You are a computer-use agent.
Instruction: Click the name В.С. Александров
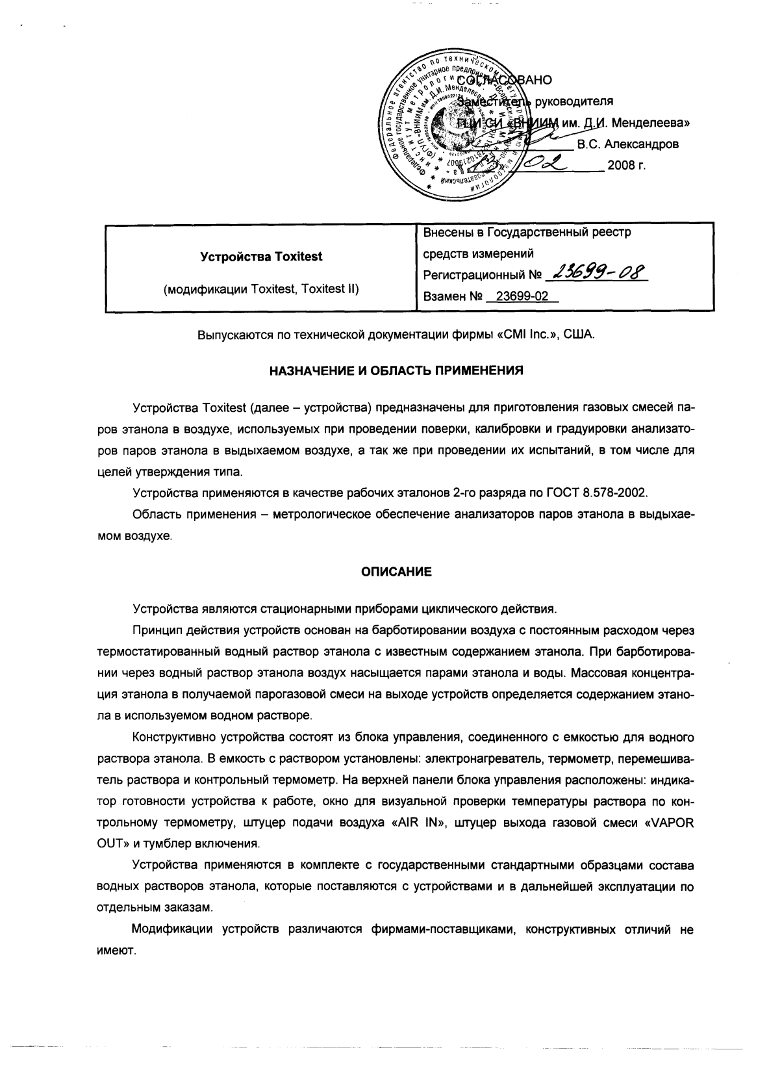[628, 144]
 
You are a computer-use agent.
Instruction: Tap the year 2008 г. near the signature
[626, 165]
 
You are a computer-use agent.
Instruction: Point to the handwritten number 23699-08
[598, 273]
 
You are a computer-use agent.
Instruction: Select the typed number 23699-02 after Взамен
[522, 296]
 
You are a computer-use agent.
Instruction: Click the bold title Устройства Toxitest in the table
[261, 256]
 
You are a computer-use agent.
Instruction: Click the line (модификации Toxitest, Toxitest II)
[261, 289]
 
